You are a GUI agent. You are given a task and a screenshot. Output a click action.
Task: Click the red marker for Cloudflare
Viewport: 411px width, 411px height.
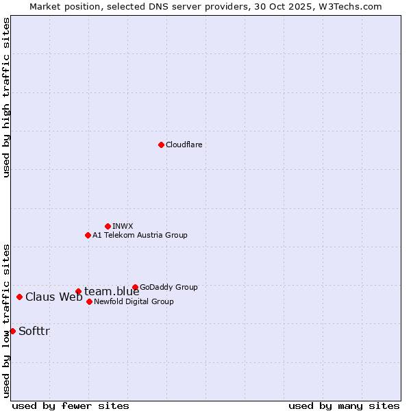tap(161, 145)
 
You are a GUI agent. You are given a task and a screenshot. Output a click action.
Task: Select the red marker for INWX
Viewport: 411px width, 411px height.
tap(108, 226)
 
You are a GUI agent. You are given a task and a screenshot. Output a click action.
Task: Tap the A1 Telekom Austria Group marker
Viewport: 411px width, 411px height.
tap(88, 235)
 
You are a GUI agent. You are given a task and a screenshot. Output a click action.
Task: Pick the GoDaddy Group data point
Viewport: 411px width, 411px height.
tap(135, 287)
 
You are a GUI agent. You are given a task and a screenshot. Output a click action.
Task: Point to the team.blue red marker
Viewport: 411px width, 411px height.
tap(78, 291)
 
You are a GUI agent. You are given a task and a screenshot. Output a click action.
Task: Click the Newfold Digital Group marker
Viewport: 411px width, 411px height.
tap(89, 301)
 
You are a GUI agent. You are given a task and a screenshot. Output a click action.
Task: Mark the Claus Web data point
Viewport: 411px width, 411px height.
tap(19, 297)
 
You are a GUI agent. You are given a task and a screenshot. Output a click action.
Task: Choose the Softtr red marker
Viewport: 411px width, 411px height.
tap(12, 331)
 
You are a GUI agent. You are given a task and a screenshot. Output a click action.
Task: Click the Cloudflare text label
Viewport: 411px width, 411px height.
tap(184, 145)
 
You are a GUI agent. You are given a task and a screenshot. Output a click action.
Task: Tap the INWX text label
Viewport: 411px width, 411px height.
tap(123, 226)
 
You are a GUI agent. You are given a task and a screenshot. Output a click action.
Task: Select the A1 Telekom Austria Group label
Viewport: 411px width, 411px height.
tap(140, 235)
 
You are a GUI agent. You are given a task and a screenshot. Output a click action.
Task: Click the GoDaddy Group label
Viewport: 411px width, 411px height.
tap(169, 287)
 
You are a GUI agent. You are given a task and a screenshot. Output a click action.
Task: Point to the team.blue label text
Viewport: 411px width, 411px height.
tap(112, 292)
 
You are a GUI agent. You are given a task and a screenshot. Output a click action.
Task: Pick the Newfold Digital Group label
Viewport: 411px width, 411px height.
tap(134, 301)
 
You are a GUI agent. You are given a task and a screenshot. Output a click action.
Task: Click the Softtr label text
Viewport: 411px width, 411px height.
tap(34, 332)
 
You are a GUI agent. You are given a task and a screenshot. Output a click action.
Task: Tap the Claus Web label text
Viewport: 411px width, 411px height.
tap(53, 297)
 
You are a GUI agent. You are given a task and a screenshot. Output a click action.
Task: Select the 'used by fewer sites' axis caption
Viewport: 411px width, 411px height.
tap(71, 406)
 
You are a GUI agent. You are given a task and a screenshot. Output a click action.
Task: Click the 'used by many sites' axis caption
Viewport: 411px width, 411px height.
tap(344, 406)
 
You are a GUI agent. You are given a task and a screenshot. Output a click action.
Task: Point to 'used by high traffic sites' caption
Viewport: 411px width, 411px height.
tap(6, 97)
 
